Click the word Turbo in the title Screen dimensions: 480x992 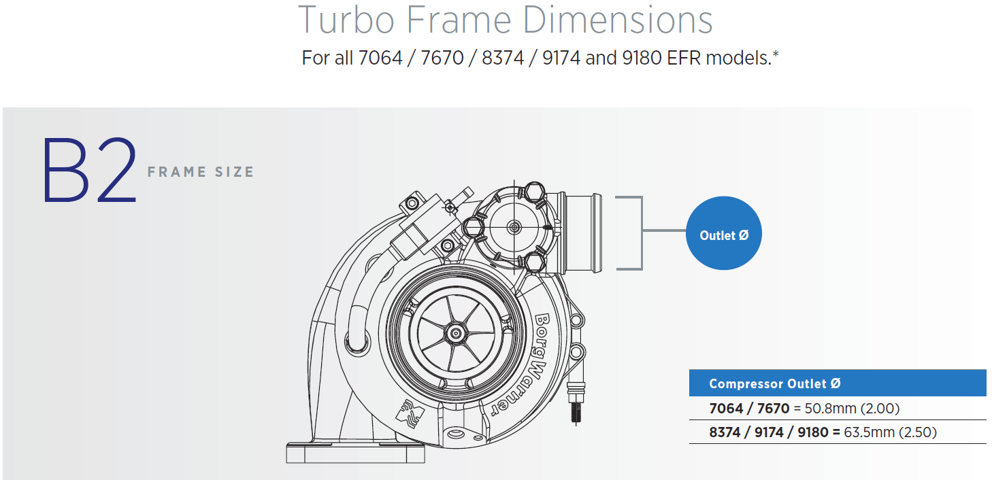(x=346, y=20)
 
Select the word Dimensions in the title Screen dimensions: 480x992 (x=617, y=20)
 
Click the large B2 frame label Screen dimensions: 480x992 (x=88, y=171)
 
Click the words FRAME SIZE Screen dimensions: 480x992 (x=201, y=172)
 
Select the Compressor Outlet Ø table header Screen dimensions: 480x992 (x=774, y=383)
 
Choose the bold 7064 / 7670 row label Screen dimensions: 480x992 (x=749, y=409)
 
